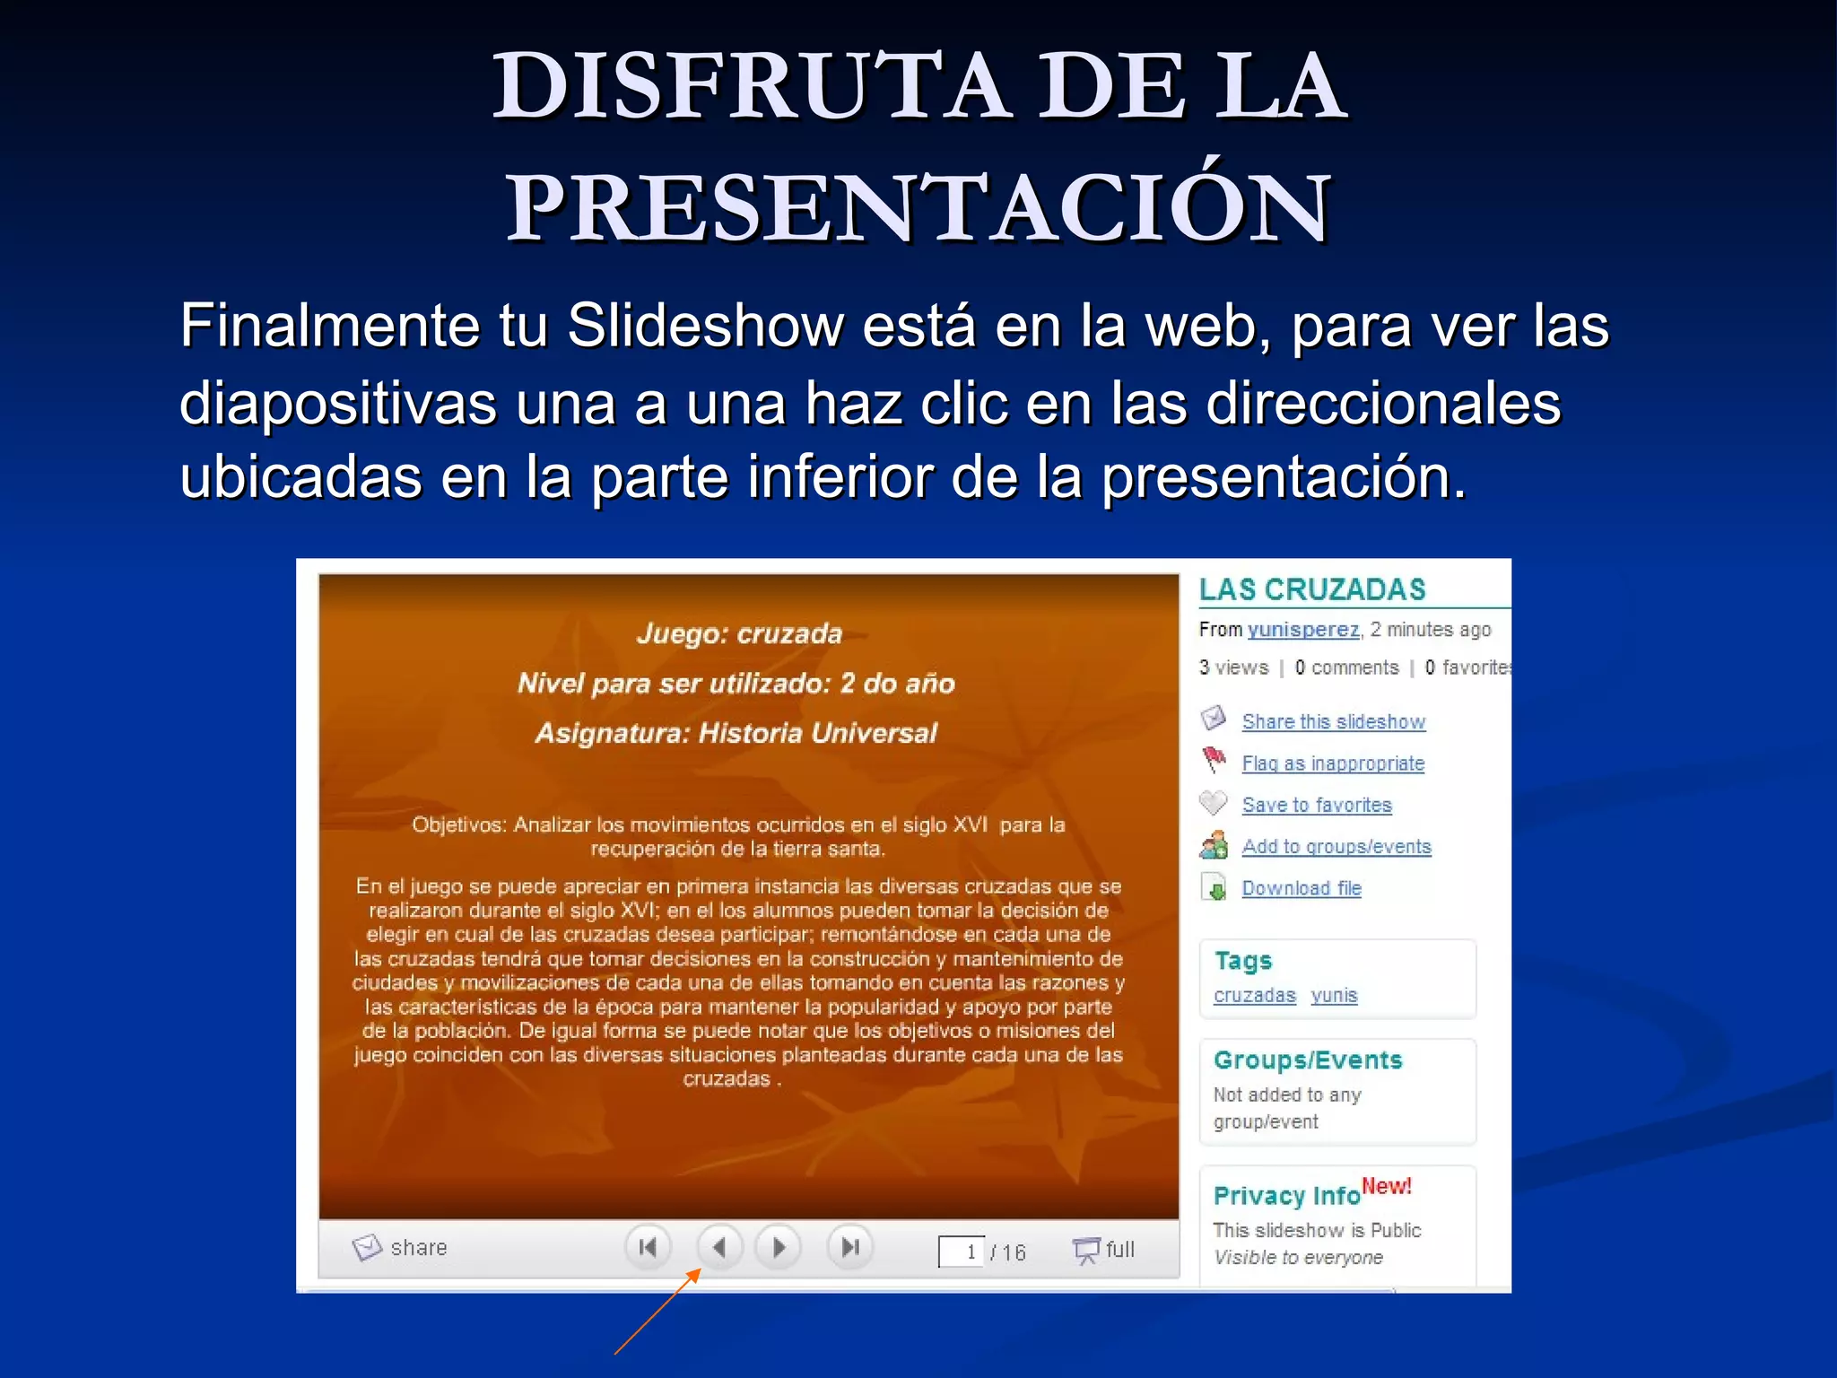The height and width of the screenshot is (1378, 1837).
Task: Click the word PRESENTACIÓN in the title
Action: click(x=918, y=208)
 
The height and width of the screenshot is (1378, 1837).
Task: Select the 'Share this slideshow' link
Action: click(x=1333, y=722)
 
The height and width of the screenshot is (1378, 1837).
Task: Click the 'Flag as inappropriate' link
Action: click(x=1333, y=763)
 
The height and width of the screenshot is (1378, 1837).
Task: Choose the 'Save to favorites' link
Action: click(x=1316, y=806)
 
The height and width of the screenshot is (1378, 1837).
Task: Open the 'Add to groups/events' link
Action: click(x=1336, y=847)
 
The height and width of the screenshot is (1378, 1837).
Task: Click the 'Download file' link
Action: click(x=1301, y=888)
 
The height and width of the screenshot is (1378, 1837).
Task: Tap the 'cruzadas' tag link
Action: click(x=1254, y=996)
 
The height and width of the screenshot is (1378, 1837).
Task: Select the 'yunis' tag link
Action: click(x=1334, y=996)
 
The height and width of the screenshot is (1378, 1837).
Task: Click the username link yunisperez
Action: click(x=1303, y=630)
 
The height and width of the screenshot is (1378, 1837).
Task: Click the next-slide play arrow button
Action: click(x=779, y=1247)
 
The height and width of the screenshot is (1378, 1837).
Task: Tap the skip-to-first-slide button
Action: click(x=648, y=1247)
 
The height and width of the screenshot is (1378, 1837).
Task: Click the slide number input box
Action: click(x=961, y=1252)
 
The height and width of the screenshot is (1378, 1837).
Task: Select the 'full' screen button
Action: click(x=1104, y=1250)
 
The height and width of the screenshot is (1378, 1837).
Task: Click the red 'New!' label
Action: click(x=1386, y=1186)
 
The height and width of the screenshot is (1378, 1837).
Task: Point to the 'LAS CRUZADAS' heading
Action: click(x=1312, y=589)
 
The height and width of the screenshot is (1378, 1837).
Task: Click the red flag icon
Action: click(x=1214, y=760)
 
